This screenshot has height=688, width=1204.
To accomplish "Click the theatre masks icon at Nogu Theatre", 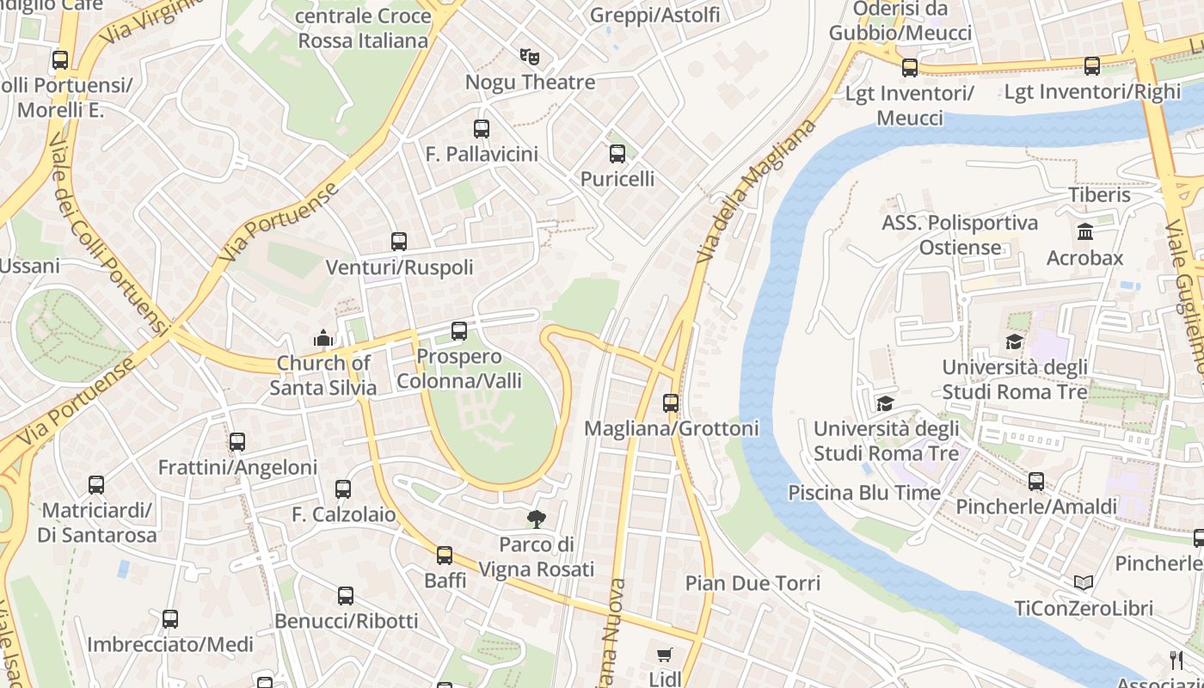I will [530, 58].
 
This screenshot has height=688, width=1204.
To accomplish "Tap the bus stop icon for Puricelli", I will [617, 155].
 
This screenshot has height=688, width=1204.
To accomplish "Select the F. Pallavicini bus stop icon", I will [482, 130].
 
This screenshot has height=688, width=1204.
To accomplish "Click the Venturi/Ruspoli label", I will [399, 267].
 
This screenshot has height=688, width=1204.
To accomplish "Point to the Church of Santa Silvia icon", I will [323, 339].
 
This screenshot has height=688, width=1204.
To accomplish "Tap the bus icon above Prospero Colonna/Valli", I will [459, 331].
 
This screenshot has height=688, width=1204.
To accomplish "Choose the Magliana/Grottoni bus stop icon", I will [671, 403].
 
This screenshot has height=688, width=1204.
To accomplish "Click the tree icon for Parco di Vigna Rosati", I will [537, 519].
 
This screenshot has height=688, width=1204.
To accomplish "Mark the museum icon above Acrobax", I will [1084, 232].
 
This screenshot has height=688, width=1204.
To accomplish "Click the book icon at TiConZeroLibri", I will [1084, 583].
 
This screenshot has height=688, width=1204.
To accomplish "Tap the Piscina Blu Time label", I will [864, 493].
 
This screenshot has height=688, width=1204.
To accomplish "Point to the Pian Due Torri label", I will [752, 583].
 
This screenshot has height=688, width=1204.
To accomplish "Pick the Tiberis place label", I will [1099, 195].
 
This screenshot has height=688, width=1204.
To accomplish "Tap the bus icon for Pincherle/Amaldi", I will [1036, 482].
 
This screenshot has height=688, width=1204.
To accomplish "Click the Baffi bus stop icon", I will [445, 556].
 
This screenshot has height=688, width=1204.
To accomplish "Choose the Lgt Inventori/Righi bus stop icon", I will [1092, 66].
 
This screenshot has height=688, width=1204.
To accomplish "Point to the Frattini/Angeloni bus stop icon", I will [237, 443].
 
